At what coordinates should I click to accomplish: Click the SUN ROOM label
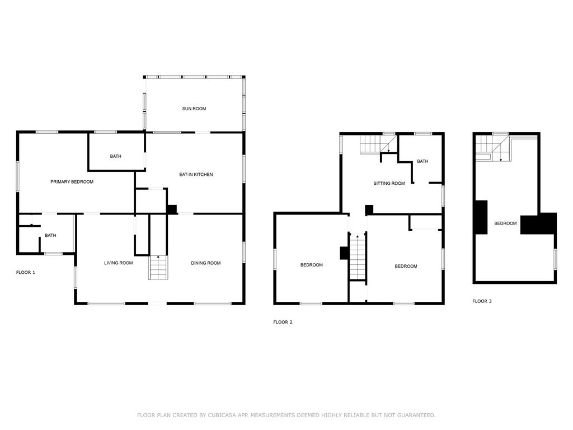[194, 109]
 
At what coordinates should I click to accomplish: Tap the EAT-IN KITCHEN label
[196, 175]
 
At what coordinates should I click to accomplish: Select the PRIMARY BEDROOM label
[72, 182]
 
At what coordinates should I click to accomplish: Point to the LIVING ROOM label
[119, 263]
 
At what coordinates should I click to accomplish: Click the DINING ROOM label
[206, 263]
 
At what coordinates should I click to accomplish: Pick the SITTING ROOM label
[389, 183]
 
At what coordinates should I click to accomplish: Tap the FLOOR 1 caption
[26, 273]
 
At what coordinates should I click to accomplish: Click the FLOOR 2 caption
[283, 322]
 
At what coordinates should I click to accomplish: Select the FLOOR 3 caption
[482, 301]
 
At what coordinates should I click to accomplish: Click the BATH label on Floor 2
[422, 161]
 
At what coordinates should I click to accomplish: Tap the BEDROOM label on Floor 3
[505, 223]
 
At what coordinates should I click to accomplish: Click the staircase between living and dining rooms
[158, 267]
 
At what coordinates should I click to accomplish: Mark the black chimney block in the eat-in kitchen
[172, 209]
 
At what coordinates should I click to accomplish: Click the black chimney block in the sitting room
[369, 211]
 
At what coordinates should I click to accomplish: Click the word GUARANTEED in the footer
[416, 415]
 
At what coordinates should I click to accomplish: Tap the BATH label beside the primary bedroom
[115, 156]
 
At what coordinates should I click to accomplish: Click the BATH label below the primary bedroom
[50, 236]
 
